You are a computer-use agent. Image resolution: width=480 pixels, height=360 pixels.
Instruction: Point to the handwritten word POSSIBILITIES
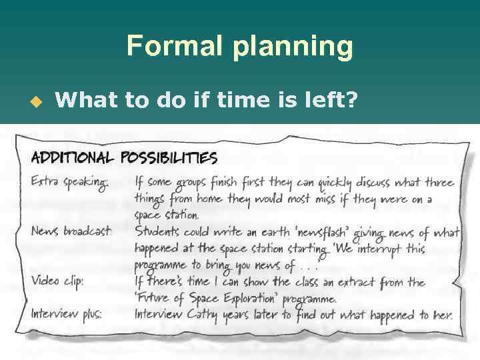[169, 157]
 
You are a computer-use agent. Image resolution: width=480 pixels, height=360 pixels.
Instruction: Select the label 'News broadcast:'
[71, 231]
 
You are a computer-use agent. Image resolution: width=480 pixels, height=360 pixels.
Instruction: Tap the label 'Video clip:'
[57, 281]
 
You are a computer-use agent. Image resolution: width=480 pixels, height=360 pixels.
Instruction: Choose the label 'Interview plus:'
[66, 314]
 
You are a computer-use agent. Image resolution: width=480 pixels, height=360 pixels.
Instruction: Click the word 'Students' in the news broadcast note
[158, 231]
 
